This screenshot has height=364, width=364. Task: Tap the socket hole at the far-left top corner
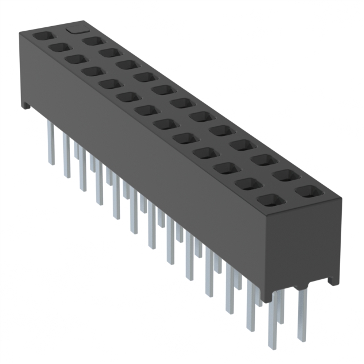(x=42, y=35)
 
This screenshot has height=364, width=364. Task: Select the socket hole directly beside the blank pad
(x=92, y=40)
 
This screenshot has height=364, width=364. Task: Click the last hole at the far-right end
(x=308, y=191)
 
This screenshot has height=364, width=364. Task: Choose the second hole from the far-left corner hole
(x=59, y=47)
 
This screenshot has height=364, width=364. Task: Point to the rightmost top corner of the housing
(x=342, y=199)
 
